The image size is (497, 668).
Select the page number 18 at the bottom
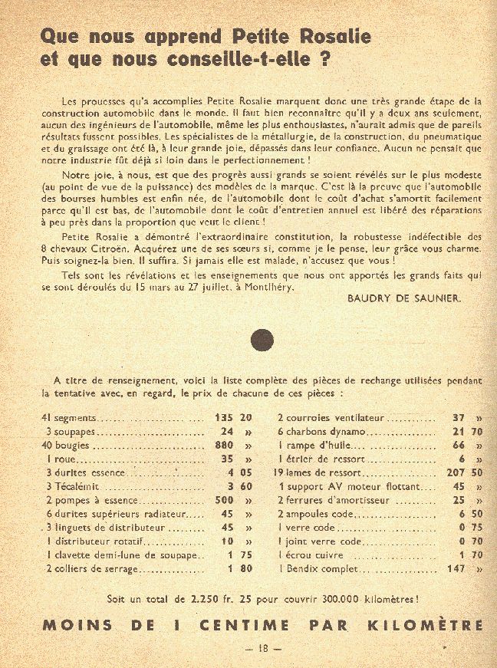(263, 648)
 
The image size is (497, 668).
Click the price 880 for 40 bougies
(223, 446)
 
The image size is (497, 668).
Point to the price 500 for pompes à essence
(223, 501)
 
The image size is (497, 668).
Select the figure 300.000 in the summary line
(334, 598)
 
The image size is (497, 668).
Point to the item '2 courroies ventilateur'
(331, 419)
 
